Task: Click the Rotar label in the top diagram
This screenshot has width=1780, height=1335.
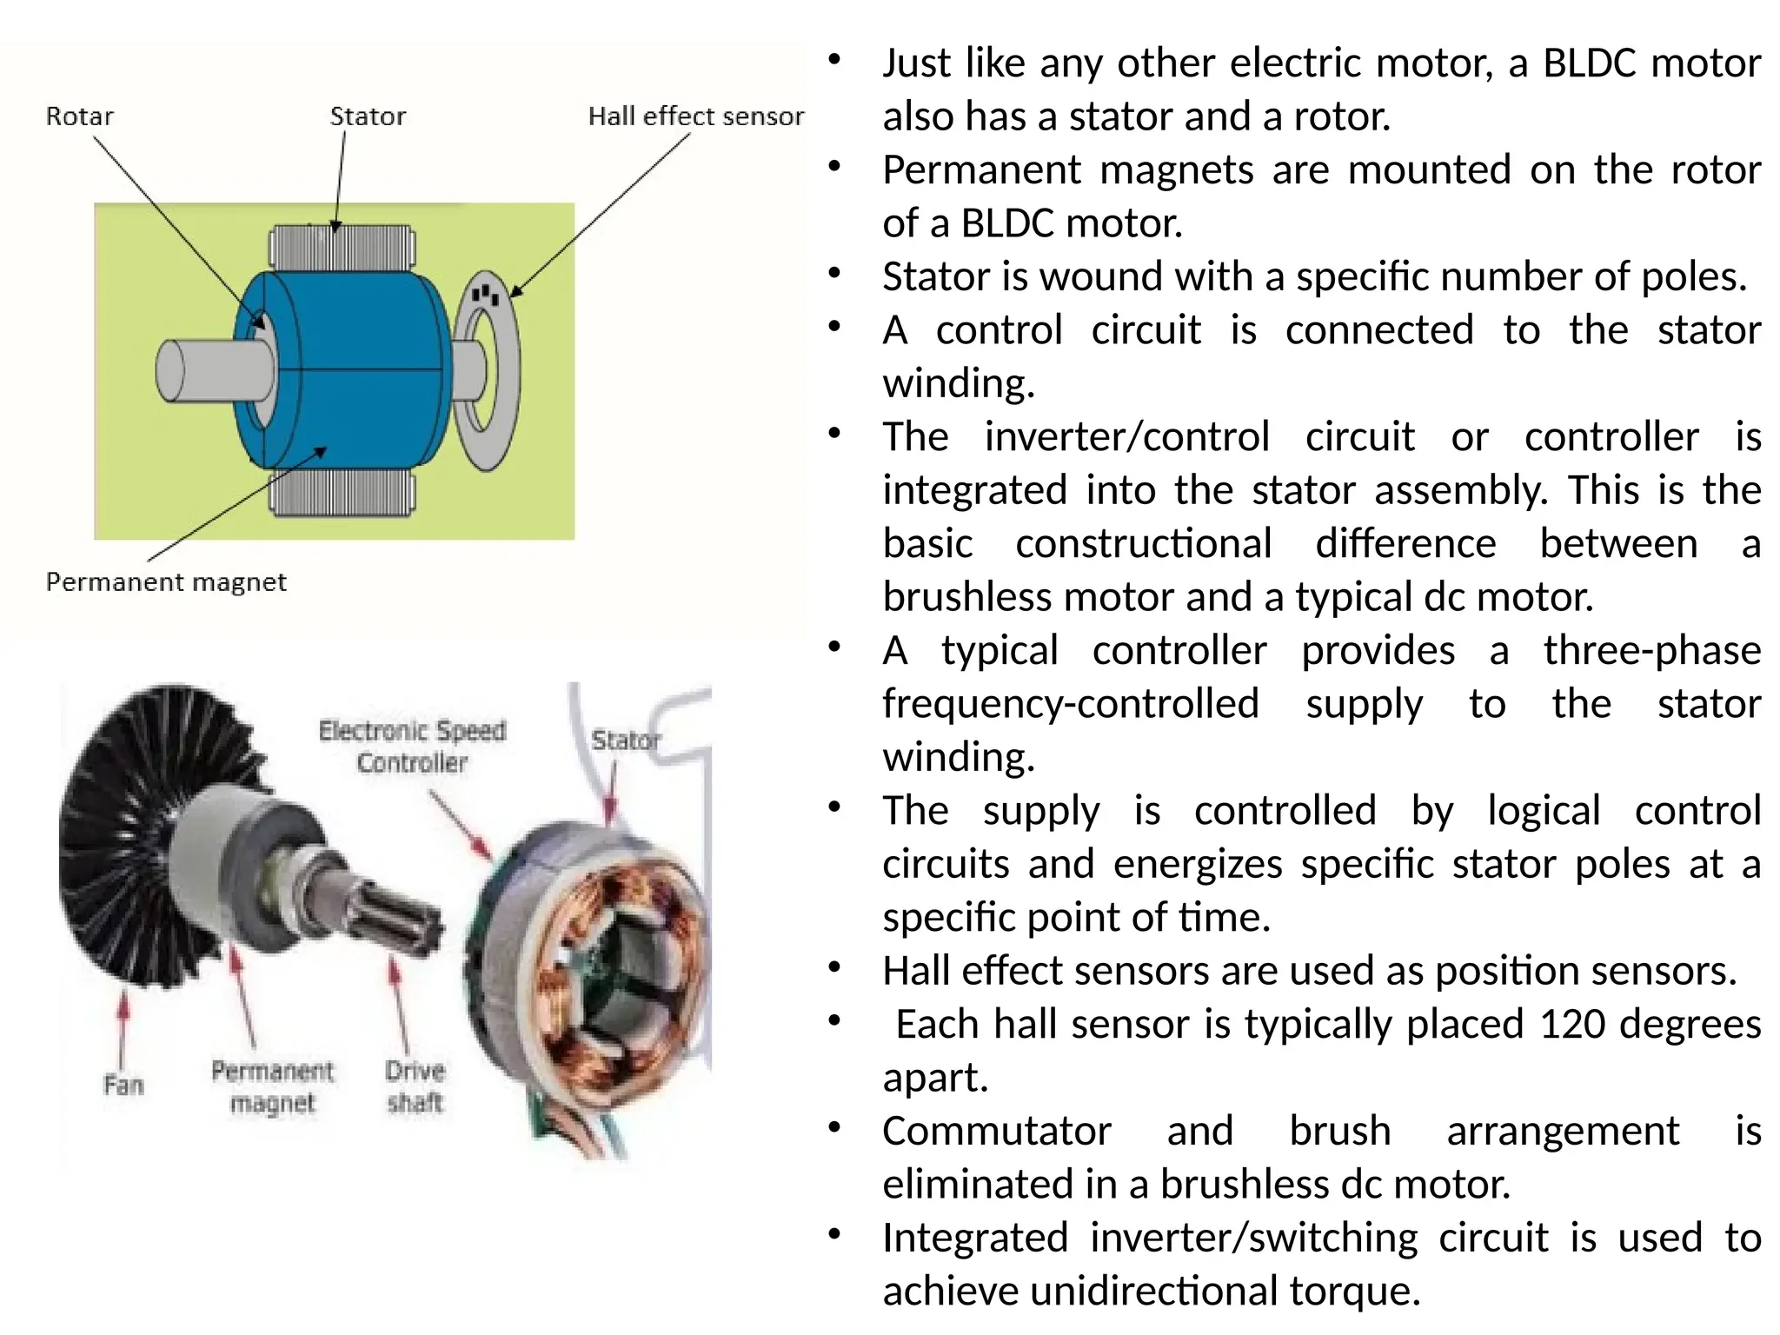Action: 80,116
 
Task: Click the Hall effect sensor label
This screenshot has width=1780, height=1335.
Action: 695,116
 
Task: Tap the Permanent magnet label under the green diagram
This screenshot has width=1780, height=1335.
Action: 166,581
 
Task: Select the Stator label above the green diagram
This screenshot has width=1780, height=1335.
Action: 368,116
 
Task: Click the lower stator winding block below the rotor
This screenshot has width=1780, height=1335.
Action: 342,494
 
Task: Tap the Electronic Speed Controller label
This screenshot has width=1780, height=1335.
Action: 412,746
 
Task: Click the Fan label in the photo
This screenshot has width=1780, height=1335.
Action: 123,1085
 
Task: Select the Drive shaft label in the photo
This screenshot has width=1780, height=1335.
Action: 415,1086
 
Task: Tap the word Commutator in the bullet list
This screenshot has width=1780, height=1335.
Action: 996,1131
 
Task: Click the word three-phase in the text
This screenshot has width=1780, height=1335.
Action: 1651,650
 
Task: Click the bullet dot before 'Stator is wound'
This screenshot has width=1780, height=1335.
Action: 834,274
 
